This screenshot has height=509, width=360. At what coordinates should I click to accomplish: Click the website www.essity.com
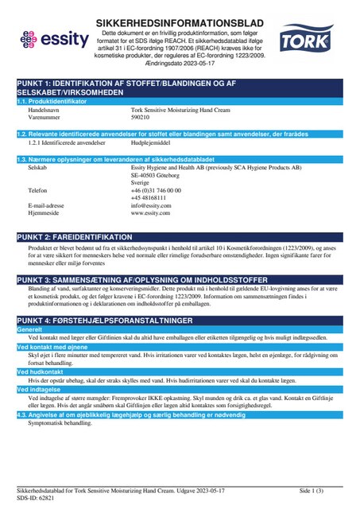coord(151,191)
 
